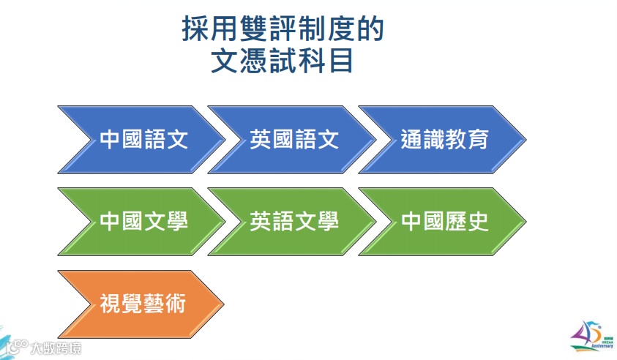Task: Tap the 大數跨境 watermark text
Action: [x=56, y=348]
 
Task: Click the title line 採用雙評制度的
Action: [x=283, y=30]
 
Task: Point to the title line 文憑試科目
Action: [x=283, y=61]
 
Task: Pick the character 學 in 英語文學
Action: [x=327, y=222]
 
